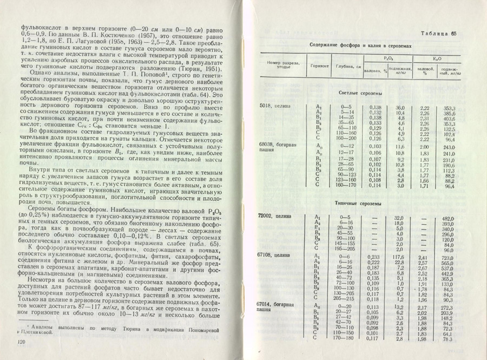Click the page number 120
tap(22, 342)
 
